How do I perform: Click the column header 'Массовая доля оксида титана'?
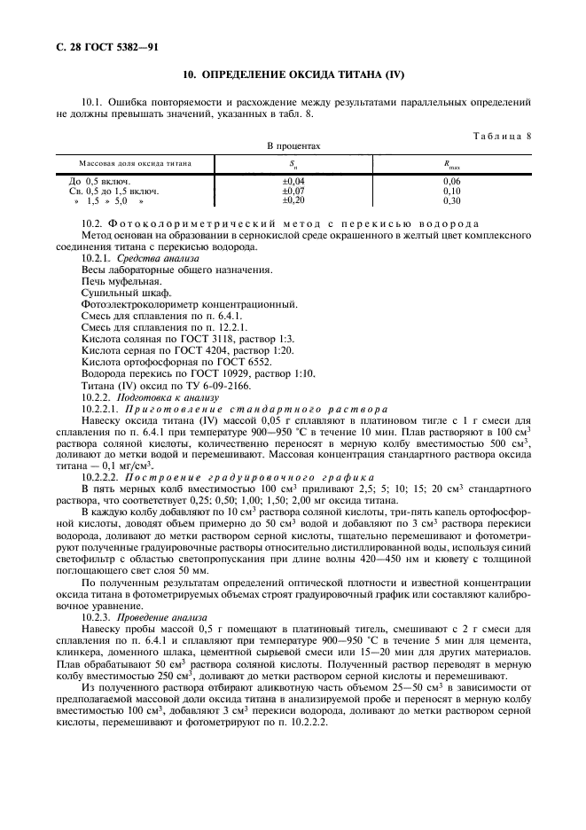[x=135, y=163]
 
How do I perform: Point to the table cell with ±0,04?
[x=293, y=180]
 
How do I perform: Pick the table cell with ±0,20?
[x=293, y=200]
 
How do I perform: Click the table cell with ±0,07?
[x=293, y=190]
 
